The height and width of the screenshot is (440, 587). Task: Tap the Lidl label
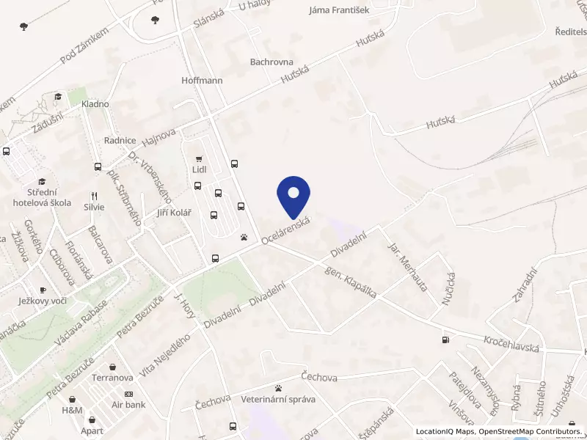(198, 169)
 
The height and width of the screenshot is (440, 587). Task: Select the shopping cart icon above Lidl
(198, 159)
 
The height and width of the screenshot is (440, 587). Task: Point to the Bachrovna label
(271, 62)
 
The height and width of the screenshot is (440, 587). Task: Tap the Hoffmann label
(202, 81)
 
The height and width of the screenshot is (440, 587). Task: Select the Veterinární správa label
(278, 400)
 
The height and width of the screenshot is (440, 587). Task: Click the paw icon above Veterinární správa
(278, 388)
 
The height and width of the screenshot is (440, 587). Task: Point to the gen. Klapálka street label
(351, 282)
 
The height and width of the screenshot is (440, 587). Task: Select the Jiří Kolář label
(174, 213)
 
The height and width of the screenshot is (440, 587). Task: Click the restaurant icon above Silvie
(94, 196)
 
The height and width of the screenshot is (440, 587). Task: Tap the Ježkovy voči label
(43, 301)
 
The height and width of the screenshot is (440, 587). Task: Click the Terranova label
(112, 378)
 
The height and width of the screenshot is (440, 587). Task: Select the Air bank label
(128, 405)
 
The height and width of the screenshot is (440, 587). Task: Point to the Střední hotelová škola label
(42, 197)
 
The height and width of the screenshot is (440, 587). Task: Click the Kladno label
(95, 104)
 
